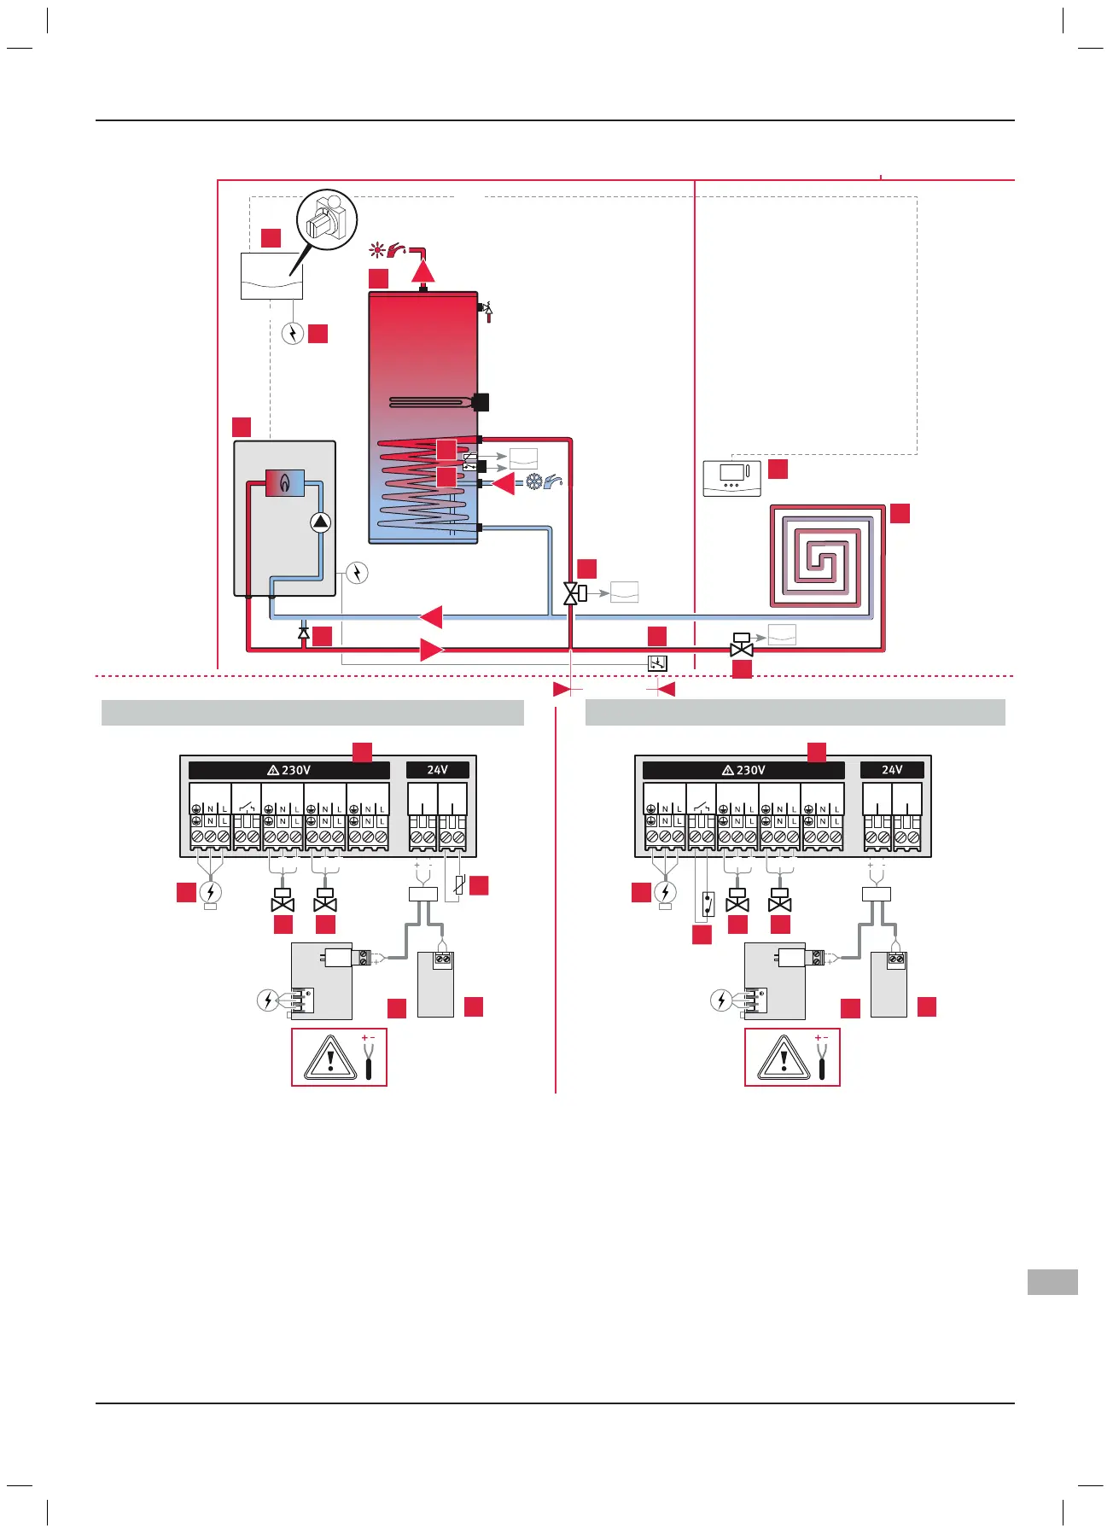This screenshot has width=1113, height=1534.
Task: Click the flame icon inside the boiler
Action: pos(284,483)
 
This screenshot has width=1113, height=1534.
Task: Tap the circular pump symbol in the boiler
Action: pos(320,522)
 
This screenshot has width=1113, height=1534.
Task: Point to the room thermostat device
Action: pos(731,478)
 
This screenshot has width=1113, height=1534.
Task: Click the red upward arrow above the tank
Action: pos(423,270)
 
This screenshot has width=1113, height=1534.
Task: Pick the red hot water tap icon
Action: pos(398,250)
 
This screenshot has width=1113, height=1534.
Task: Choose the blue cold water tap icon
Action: pos(553,482)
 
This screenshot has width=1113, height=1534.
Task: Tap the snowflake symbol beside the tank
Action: pos(533,482)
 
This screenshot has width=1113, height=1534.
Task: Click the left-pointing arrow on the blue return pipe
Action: pos(431,616)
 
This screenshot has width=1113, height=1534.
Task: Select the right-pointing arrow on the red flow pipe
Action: pos(432,650)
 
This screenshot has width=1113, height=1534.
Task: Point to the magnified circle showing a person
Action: pos(327,219)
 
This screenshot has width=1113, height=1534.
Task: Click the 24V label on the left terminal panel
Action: pos(437,770)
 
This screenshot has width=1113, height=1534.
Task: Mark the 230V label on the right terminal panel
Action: pos(743,770)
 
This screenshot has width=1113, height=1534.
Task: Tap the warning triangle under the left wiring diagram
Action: pos(330,1059)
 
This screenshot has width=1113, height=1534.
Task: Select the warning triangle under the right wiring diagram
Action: pos(784,1059)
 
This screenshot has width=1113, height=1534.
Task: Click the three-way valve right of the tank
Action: pos(572,593)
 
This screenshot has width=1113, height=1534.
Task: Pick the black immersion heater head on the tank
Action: pos(481,401)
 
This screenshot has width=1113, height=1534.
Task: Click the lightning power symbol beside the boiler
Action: pos(357,572)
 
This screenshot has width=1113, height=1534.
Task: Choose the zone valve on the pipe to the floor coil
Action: pos(742,646)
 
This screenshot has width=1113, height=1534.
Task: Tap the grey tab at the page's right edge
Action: pos(1052,1282)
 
